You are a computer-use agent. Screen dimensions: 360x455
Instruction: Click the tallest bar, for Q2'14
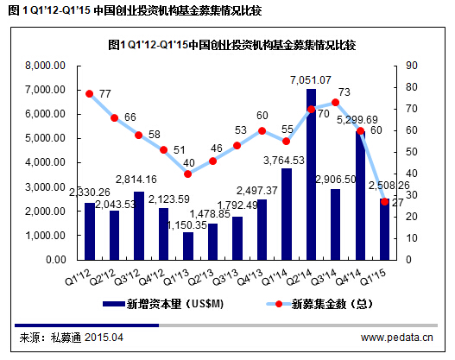[311, 173]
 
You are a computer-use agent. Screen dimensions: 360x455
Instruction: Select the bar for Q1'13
[188, 245]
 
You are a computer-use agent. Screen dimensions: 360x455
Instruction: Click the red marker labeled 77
[89, 93]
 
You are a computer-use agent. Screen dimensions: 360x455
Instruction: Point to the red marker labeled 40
[188, 174]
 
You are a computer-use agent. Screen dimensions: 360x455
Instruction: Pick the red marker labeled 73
[336, 102]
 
